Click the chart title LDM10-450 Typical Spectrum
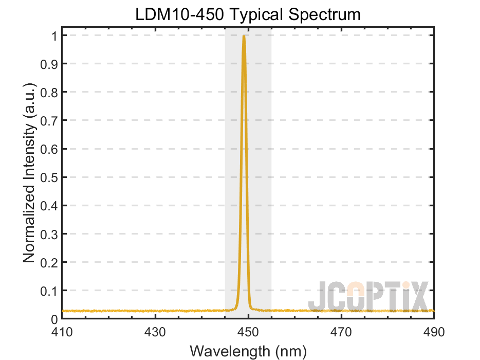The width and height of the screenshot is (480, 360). click(248, 14)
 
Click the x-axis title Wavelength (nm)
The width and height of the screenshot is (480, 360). click(248, 351)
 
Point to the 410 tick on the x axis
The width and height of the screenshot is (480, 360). click(62, 332)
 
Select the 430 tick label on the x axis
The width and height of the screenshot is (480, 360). click(155, 332)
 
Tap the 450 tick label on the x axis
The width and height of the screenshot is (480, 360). click(248, 332)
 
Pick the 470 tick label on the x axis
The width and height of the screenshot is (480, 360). click(341, 332)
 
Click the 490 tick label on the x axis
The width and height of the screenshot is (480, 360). click(434, 332)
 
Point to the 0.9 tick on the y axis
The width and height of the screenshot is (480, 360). click(49, 64)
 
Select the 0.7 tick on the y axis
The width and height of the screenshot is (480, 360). click(49, 120)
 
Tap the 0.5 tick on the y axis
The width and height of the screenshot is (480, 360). click(49, 177)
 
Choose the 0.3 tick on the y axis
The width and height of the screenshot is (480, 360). click(49, 234)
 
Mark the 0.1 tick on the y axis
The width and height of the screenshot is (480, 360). click(49, 291)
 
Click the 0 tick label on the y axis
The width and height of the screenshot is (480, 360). click(53, 319)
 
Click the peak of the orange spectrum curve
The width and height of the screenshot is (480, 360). click(244, 36)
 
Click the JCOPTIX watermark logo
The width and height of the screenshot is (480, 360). click(367, 297)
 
